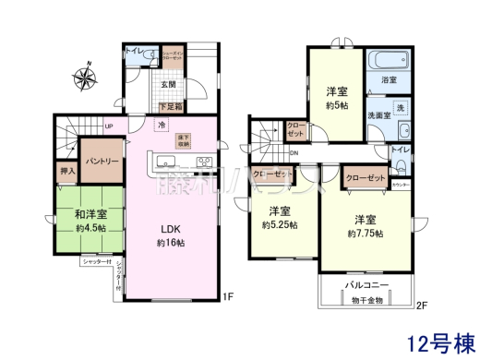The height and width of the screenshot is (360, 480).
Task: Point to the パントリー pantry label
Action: tap(102, 161)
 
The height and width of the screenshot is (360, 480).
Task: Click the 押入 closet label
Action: tap(67, 171)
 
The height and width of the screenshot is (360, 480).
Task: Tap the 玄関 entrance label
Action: tap(168, 85)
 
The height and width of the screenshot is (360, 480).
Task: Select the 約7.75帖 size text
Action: tap(366, 234)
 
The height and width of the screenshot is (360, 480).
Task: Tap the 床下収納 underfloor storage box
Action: tap(184, 140)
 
